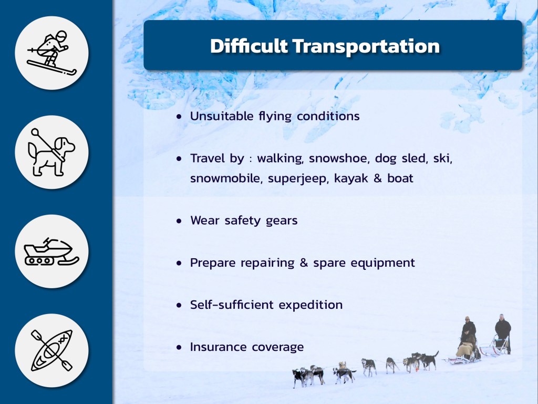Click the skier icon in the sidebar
tap(52, 53)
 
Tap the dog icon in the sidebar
tap(51, 152)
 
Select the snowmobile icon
tap(51, 251)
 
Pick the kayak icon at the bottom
tap(52, 350)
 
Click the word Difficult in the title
tap(249, 46)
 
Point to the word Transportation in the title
tap(366, 46)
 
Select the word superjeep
tap(298, 179)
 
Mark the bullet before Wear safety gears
tap(179, 221)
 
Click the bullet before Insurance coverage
tap(179, 348)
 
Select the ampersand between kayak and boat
tap(377, 178)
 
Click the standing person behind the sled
tap(503, 332)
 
